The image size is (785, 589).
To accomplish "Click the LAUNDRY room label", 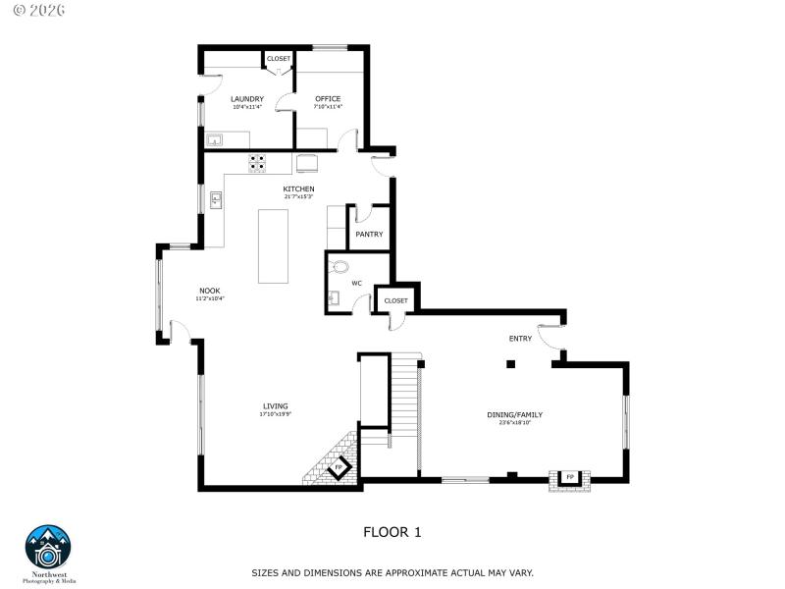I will point(247,99).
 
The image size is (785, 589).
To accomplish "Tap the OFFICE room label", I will point(328,99).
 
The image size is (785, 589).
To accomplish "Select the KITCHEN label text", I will point(298,188).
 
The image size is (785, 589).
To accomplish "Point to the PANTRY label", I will point(369,234).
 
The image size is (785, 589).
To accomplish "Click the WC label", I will point(357,283).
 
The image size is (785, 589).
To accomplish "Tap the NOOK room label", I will point(209,290).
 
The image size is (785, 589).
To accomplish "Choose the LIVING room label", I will point(275,405).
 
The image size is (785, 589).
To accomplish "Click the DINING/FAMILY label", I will point(514,414).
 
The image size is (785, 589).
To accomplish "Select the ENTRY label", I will point(520,339).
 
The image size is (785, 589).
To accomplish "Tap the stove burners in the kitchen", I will point(257,162).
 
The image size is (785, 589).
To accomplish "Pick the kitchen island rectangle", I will point(274,245).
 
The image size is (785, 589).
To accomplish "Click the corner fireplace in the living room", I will point(339,468).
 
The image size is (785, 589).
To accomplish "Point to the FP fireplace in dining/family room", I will point(569,477).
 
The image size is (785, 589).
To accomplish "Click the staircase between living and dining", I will point(404,402).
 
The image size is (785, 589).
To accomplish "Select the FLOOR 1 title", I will point(392,532).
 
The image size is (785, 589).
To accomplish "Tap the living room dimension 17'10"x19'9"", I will point(275,414).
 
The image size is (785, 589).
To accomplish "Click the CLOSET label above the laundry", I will point(279,59).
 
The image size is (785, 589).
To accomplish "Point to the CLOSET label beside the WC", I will point(395,300).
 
